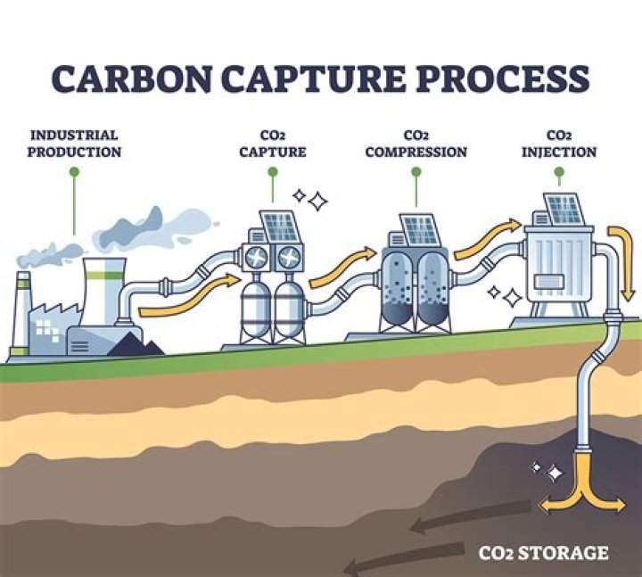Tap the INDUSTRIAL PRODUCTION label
coord(74,144)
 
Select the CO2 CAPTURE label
coord(272,144)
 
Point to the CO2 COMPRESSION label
coord(416,144)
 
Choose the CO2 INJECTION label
coord(559,144)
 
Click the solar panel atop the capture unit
coord(280,227)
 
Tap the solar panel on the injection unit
coord(563,208)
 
